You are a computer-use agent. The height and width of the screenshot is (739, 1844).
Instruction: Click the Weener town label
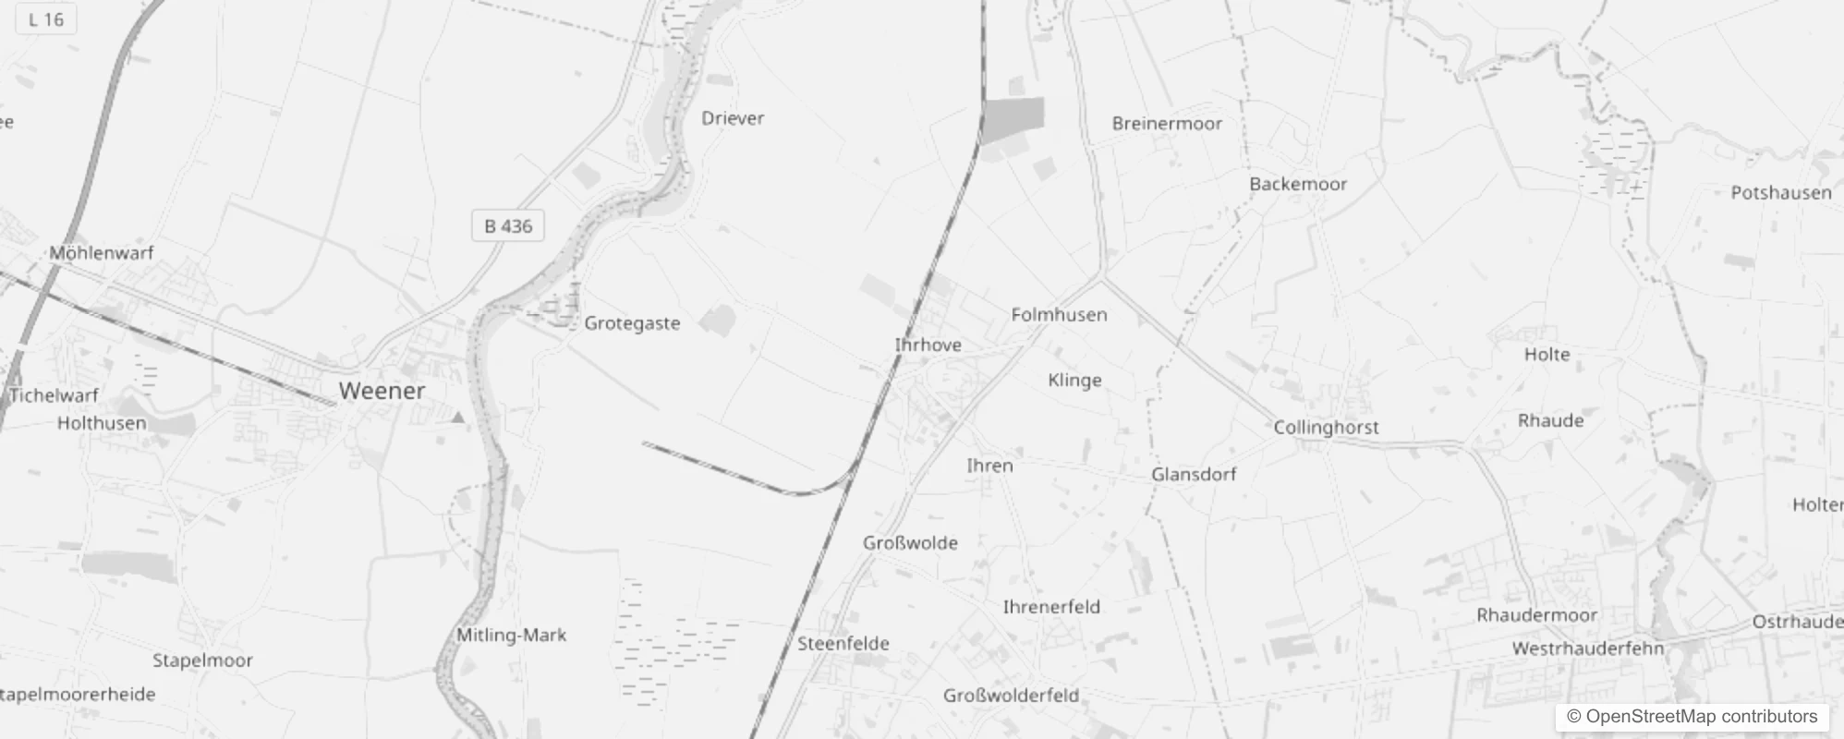[x=382, y=391]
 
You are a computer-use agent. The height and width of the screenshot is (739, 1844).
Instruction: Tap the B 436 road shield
[x=508, y=226]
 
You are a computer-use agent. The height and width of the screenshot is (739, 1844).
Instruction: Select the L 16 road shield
[x=45, y=19]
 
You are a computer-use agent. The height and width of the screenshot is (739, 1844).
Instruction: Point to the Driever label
[x=733, y=118]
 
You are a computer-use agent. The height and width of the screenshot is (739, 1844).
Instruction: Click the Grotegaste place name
[x=632, y=323]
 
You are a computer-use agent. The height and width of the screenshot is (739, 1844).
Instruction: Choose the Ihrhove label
[x=928, y=345]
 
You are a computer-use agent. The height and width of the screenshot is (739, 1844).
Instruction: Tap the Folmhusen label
[x=1059, y=315]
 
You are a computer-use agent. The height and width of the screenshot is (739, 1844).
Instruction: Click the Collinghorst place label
[x=1326, y=428]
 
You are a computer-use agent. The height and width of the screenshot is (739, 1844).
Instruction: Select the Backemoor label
[x=1298, y=184]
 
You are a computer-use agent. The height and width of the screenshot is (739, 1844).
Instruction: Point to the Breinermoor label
[x=1167, y=124]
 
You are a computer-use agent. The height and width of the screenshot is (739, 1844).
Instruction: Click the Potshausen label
[x=1781, y=193]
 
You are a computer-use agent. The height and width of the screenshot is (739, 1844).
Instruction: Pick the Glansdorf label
[x=1194, y=475]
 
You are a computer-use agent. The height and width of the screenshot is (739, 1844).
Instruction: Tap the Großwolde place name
[x=910, y=543]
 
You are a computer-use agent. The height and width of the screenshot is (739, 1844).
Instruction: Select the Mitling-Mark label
[x=511, y=636]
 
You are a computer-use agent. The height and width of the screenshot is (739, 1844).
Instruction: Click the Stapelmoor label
[x=202, y=660]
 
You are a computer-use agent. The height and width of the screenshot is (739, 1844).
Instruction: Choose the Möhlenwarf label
[x=102, y=253]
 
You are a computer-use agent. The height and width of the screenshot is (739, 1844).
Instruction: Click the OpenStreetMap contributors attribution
[x=1692, y=717]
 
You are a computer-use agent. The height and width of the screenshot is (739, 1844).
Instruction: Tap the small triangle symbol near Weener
[x=457, y=418]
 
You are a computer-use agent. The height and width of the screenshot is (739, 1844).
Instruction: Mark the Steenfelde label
[x=843, y=644]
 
